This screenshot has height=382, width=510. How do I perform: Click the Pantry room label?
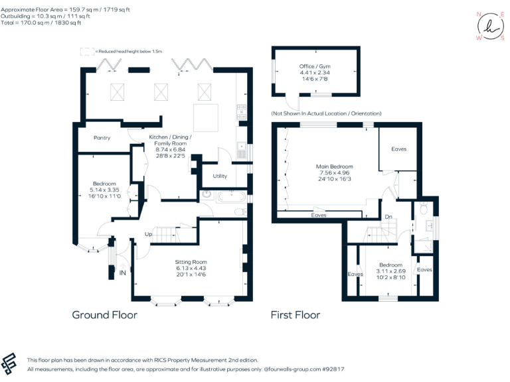[x=102, y=138]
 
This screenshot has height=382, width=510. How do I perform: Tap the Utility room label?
[x=220, y=176]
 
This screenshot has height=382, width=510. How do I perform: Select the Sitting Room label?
[x=191, y=262]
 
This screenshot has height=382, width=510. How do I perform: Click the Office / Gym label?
[x=315, y=66]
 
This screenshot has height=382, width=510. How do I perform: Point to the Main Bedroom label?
[x=335, y=166]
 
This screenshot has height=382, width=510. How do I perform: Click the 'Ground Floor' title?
[x=104, y=315]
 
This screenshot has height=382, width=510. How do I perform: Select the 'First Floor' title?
[x=295, y=315]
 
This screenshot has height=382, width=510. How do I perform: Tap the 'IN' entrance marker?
[x=122, y=273]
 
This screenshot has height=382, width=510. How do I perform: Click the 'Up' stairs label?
[x=150, y=234]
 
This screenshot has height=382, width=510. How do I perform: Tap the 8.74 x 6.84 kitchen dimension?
[x=170, y=150]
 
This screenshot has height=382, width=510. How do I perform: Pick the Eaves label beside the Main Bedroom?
[x=399, y=149]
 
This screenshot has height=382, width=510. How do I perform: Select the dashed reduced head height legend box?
[x=87, y=51]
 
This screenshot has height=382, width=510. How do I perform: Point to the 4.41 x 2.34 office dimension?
[x=315, y=72]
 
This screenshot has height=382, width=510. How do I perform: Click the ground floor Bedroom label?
[x=104, y=184]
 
